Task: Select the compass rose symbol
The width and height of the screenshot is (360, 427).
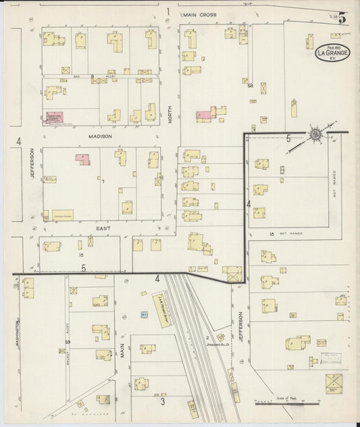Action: pyautogui.click(x=315, y=134)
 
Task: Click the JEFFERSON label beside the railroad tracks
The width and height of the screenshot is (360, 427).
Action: pyautogui.click(x=241, y=324)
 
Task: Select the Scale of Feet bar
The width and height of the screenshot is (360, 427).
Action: pyautogui.click(x=277, y=403)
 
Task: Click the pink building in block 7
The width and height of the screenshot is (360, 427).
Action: pyautogui.click(x=82, y=160)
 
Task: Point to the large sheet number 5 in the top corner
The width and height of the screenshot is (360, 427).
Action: pyautogui.click(x=343, y=18)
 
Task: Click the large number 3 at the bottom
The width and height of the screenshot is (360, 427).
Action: pyautogui.click(x=163, y=401)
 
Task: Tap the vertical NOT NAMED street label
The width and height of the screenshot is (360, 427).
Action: pyautogui.click(x=334, y=181)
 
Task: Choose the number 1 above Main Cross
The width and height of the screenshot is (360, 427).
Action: pyautogui.click(x=167, y=11)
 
